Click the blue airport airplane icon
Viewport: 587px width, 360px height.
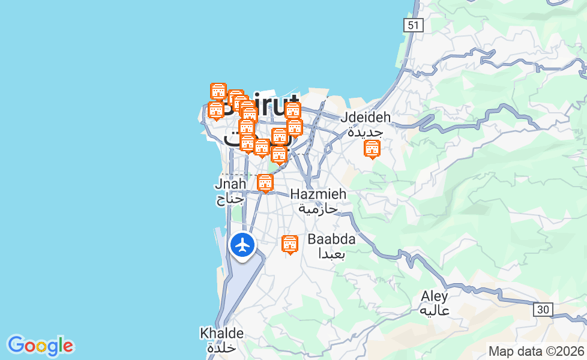[x=242, y=245]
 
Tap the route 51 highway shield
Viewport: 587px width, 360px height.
[x=414, y=25]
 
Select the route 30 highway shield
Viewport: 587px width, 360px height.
[x=543, y=310]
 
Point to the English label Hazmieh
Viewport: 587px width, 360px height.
[x=318, y=194]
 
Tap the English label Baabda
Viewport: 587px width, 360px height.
[x=331, y=239]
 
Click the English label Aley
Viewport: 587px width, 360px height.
[x=435, y=296]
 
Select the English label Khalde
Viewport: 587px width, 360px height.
[x=221, y=333]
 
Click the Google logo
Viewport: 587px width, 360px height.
[x=40, y=346]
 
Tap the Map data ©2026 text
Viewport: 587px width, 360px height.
[x=536, y=351]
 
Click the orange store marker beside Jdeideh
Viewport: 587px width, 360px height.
[x=372, y=148]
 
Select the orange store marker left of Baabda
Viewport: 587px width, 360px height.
[x=290, y=244]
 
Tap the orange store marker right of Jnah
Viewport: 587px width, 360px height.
[x=265, y=182]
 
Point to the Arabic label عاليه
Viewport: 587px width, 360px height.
[x=435, y=311]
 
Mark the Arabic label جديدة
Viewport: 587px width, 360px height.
[x=365, y=132]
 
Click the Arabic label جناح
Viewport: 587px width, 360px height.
[x=230, y=199]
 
